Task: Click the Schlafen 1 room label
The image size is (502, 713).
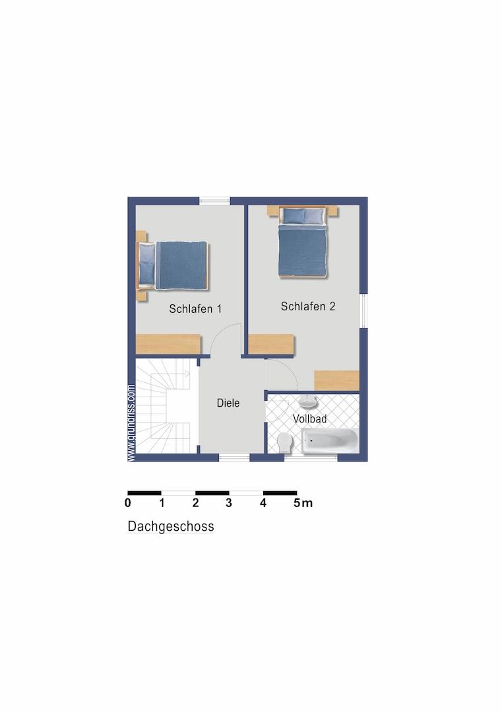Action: tap(195, 309)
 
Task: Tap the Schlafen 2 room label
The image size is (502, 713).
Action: tap(308, 306)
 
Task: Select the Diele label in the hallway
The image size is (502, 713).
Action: tap(228, 403)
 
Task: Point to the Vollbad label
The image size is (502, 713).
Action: tap(309, 419)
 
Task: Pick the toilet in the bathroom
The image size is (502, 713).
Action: tap(285, 442)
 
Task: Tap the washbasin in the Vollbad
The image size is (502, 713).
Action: tap(308, 402)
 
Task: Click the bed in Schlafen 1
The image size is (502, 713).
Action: tap(173, 265)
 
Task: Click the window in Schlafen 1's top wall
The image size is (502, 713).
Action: tap(214, 201)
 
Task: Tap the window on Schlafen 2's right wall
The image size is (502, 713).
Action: tap(363, 311)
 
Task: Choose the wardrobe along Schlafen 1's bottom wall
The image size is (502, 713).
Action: tap(169, 344)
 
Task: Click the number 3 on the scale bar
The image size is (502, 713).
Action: tap(229, 503)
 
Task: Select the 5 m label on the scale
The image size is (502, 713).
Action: tap(303, 503)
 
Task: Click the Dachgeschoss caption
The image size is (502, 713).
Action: tap(171, 526)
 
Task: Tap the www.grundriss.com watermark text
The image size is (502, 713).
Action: tap(131, 423)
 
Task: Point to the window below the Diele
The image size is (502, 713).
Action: tap(234, 458)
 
